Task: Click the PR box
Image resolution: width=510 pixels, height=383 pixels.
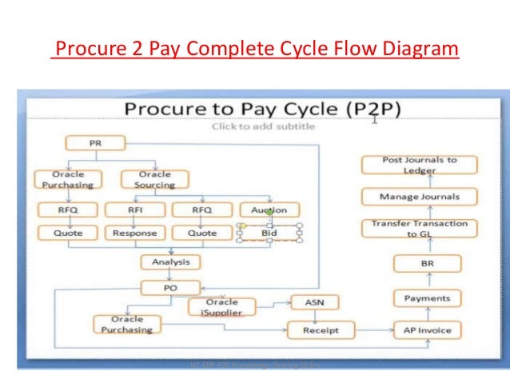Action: coord(94,143)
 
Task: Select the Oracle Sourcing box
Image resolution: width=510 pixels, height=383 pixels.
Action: coord(154,179)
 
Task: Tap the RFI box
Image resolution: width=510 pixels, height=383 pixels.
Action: coord(134,210)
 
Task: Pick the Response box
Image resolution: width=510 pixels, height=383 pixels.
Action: coord(134,233)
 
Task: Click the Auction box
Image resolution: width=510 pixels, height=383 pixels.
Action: coord(269,210)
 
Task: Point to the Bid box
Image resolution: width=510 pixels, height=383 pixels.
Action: coord(269,233)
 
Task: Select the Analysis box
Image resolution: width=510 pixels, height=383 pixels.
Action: coord(170,261)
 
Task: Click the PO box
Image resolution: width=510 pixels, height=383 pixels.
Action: coord(170,287)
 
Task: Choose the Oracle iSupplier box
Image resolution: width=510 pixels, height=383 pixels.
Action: coord(221,306)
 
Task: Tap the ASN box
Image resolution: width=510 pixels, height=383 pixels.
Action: coord(314,302)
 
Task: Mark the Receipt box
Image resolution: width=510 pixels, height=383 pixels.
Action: coord(321,329)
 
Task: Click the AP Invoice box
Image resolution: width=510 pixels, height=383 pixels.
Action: coord(428,329)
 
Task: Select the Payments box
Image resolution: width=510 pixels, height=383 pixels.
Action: coord(428,298)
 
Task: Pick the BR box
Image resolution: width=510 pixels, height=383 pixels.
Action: coord(428,263)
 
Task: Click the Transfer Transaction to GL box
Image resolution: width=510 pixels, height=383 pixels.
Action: coord(420,229)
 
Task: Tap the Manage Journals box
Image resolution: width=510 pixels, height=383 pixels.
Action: coord(420,196)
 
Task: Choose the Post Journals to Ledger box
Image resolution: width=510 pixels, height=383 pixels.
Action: coord(420,165)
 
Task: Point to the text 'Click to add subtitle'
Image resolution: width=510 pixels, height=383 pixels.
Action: coord(262,126)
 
